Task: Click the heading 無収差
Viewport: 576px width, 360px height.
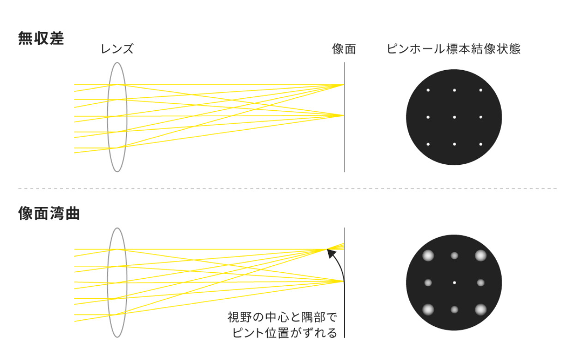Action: pos(41,38)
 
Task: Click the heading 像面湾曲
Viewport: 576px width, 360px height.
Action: pos(49,213)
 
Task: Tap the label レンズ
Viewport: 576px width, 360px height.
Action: pos(117,49)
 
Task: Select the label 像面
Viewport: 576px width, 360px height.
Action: pos(344,49)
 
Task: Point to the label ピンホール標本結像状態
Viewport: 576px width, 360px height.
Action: pos(454,49)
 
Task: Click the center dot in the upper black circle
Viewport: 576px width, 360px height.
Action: pos(454,117)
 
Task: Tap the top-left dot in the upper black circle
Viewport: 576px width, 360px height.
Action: pos(428,90)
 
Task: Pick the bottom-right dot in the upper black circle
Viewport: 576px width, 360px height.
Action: pos(480,144)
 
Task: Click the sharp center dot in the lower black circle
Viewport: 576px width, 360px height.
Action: pos(454,282)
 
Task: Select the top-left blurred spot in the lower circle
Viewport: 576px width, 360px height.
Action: pos(428,256)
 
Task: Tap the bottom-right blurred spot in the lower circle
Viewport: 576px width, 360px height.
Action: pos(480,310)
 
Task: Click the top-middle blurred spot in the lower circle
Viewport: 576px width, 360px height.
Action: pos(454,256)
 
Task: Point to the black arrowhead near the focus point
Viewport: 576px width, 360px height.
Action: pos(331,253)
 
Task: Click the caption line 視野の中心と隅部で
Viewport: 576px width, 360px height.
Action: pos(282,318)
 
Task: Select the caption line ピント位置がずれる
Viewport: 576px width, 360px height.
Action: pos(285,333)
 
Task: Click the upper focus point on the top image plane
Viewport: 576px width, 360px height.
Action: pos(344,84)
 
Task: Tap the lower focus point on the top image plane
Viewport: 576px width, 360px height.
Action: pos(344,115)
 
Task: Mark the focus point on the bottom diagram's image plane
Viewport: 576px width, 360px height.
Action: pos(344,282)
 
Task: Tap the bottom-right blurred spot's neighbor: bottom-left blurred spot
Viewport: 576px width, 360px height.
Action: pos(428,310)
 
